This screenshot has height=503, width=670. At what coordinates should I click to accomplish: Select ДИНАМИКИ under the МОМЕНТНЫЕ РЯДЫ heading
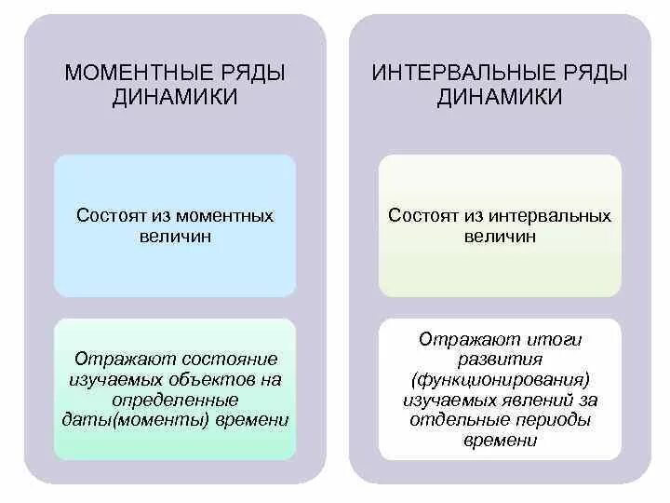pos(175,97)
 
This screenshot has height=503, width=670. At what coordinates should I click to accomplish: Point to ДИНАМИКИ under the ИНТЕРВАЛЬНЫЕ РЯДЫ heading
pos(500,97)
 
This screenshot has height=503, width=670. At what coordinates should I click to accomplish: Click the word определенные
pos(175,400)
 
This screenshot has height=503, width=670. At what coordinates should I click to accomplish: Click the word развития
pos(500,360)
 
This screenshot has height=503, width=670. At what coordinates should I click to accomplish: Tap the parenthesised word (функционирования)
pos(500,380)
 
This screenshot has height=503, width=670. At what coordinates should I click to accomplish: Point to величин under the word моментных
pos(175,237)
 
